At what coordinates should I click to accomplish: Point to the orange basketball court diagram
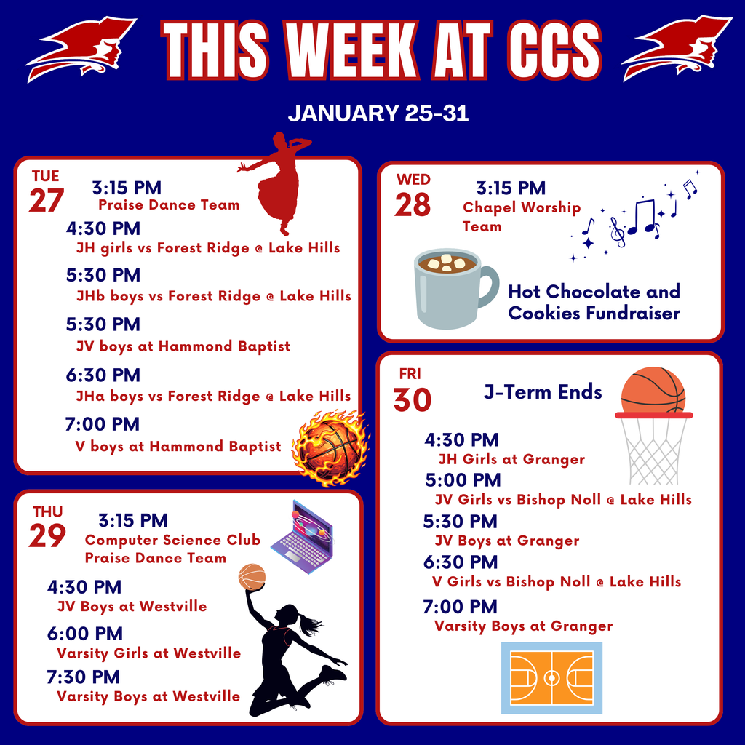pos(551,677)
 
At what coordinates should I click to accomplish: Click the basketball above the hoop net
pos(653,391)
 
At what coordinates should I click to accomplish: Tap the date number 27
pos(47,201)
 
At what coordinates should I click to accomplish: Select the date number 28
pos(413,205)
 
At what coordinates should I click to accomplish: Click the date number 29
pos(47,536)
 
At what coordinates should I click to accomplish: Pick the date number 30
pos(413,399)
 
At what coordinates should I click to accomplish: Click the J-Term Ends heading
pos(543,392)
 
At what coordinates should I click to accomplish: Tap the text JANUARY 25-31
pos(378,114)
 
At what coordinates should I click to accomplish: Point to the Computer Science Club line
pos(172,540)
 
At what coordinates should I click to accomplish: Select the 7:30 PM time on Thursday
pos(83,677)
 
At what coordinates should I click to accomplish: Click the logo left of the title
pos(81,48)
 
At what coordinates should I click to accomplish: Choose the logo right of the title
pos(676,47)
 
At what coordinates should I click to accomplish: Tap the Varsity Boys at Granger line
pos(523,626)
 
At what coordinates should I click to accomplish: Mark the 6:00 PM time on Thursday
pos(84,634)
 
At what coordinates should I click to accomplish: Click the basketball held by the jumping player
pos(252,577)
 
